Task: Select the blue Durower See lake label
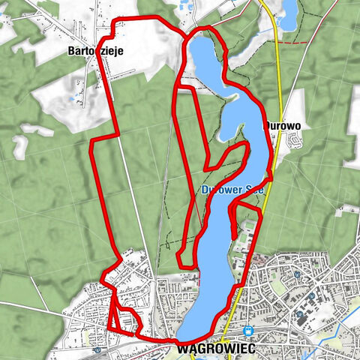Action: tap(232, 190)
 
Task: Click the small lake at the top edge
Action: tap(288, 9)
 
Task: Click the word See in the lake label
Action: tap(254, 190)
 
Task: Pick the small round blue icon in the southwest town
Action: tap(98, 349)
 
